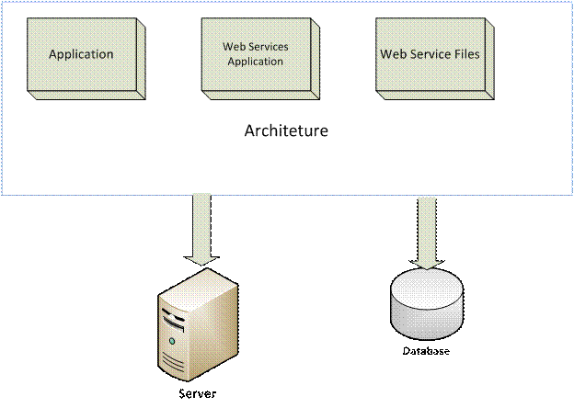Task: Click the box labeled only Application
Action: pos(80,55)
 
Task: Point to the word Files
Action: pos(464,53)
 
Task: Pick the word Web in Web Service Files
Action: pos(393,53)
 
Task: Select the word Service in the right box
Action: pos(428,53)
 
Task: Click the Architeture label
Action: pos(286,130)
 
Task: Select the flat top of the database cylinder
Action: pos(426,285)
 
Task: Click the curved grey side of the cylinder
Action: pos(426,317)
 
